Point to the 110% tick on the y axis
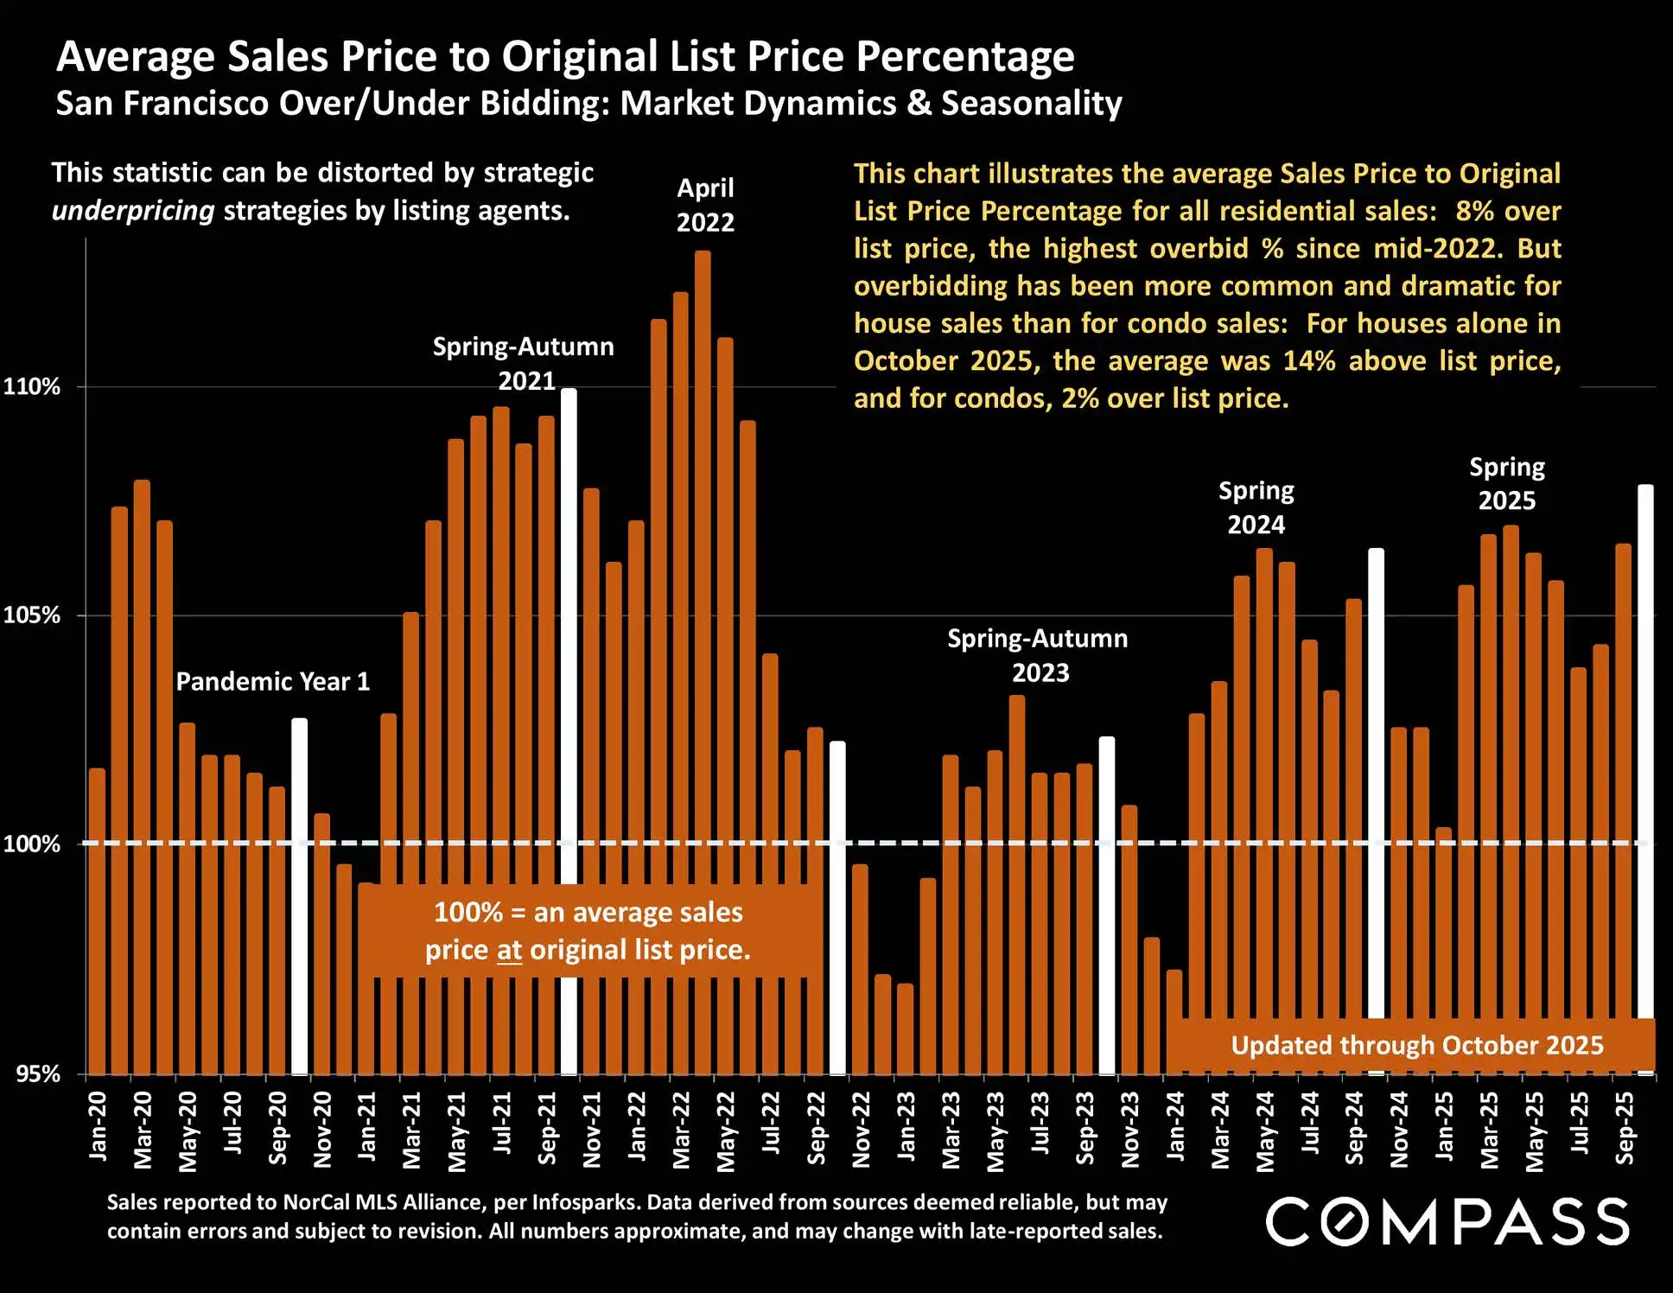coord(32,386)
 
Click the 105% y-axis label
coord(32,615)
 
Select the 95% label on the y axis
coord(37,1073)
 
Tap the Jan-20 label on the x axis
coord(98,1124)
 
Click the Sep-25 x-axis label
coord(1625,1128)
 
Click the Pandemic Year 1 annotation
coord(273,682)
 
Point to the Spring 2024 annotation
coord(1256,507)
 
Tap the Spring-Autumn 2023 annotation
coord(1038,655)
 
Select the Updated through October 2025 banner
coord(1416,1045)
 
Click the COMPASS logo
coord(1447,1221)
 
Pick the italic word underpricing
coord(133,211)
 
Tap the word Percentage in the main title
coord(965,57)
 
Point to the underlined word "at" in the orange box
coord(509,951)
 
